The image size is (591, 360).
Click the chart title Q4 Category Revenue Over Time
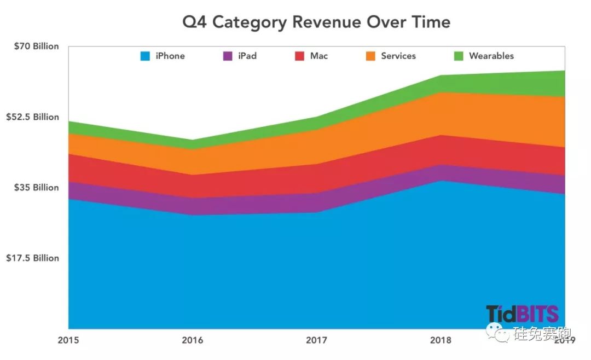tap(316, 22)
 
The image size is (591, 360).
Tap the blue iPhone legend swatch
tap(145, 56)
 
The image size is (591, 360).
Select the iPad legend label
tap(247, 56)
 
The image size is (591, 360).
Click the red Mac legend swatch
tap(299, 56)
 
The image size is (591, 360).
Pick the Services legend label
tap(398, 56)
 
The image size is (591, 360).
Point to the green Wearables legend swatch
tap(459, 56)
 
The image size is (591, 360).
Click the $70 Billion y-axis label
tap(36, 47)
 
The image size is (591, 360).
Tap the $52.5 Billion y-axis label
tap(32, 117)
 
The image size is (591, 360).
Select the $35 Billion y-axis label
tap(36, 188)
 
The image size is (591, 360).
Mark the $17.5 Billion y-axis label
tap(32, 258)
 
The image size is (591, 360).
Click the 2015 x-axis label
tap(68, 340)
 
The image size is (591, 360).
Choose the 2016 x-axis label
tap(192, 340)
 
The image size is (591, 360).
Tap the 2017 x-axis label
tap(316, 340)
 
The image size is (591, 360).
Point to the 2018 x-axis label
tap(441, 340)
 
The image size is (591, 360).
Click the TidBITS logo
tap(522, 314)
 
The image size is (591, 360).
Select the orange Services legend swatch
tap(370, 56)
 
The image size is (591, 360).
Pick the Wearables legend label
tap(491, 56)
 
